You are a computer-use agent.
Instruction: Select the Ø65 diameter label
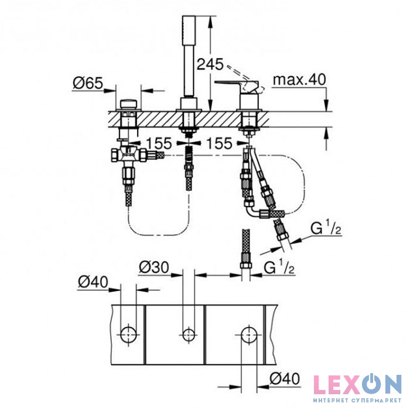[87, 83]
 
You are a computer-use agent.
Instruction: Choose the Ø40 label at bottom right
[286, 379]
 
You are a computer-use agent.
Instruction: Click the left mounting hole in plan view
[128, 334]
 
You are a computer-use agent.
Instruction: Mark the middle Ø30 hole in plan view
[188, 334]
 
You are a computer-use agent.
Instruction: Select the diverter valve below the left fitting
[125, 155]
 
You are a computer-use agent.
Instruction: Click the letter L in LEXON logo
[321, 384]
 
